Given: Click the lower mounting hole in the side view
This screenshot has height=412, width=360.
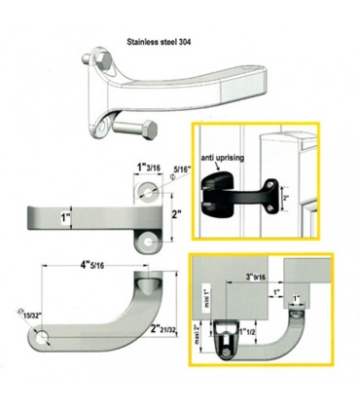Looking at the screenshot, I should coord(148,237).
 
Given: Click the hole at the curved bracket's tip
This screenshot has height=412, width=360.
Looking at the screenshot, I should coord(44,338).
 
